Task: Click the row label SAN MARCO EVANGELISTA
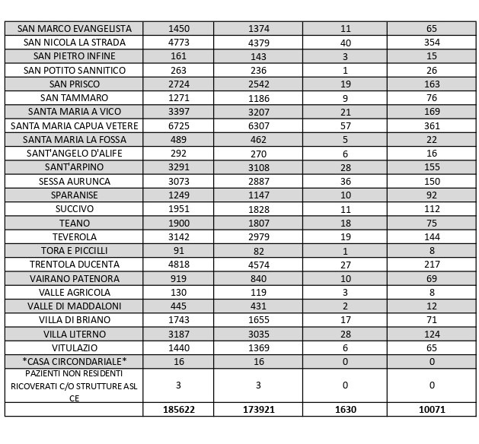(x=74, y=28)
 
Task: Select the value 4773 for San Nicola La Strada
(x=178, y=43)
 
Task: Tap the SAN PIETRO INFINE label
(x=74, y=56)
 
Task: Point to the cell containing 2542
(x=259, y=84)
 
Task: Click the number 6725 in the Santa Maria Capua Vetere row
(x=178, y=125)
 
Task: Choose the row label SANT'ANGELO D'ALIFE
(x=74, y=154)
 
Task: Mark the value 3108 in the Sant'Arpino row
(x=259, y=167)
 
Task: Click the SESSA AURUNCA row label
(x=74, y=182)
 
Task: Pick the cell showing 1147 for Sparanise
(x=259, y=195)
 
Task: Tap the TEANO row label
(x=74, y=224)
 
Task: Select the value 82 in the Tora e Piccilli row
(x=259, y=251)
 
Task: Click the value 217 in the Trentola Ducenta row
(x=432, y=265)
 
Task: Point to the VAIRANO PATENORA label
(x=74, y=278)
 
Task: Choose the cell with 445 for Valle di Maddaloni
(x=178, y=306)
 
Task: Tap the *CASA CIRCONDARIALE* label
(x=74, y=362)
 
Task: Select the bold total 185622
(x=178, y=410)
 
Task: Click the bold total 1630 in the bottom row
(x=345, y=410)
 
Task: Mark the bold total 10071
(x=432, y=410)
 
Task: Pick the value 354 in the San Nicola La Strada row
(x=432, y=43)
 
